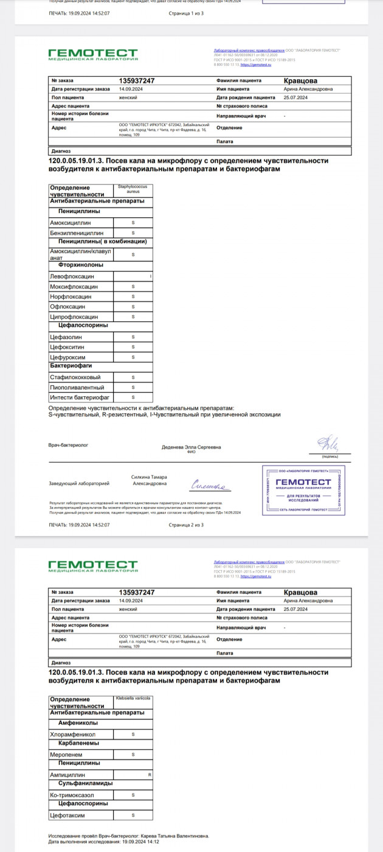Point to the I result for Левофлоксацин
click(150, 276)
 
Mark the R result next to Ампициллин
click(149, 775)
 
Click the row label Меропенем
click(67, 754)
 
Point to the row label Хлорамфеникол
click(73, 735)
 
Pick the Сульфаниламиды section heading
click(85, 784)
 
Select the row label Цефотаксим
click(67, 815)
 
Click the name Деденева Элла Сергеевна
click(191, 447)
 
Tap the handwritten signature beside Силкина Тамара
click(209, 486)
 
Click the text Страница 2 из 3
click(185, 525)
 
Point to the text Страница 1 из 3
click(185, 13)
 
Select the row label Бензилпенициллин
click(78, 233)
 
